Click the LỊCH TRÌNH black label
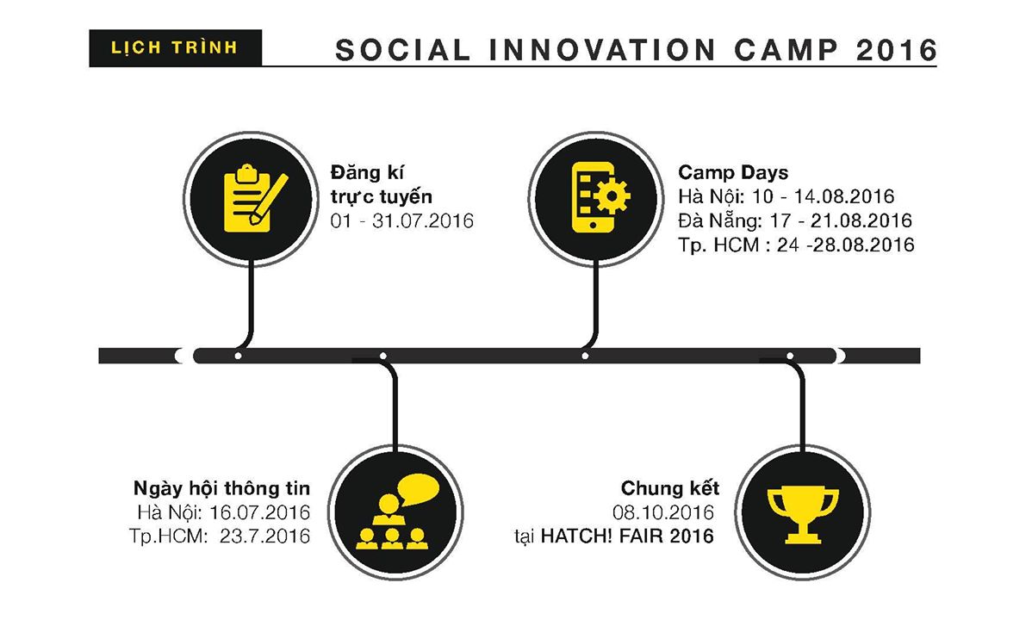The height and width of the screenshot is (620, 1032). point(175,48)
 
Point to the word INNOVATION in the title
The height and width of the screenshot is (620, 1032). point(602,50)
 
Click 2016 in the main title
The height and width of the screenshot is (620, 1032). point(897,50)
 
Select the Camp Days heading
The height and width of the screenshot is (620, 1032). point(733,172)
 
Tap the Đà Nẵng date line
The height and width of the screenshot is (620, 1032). point(795,220)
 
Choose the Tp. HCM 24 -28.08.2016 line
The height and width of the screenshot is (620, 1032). point(796,245)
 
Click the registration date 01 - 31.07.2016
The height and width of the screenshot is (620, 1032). point(402,220)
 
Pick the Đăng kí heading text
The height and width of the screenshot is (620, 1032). point(367,172)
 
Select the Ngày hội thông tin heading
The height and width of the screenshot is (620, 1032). point(221,488)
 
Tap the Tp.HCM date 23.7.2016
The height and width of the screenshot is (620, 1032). point(264,536)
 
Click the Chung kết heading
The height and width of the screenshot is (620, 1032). point(670,488)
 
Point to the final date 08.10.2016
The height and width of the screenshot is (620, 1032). point(663,512)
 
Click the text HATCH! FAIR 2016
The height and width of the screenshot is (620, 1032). point(627,536)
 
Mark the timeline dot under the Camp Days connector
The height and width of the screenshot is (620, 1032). point(585,356)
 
